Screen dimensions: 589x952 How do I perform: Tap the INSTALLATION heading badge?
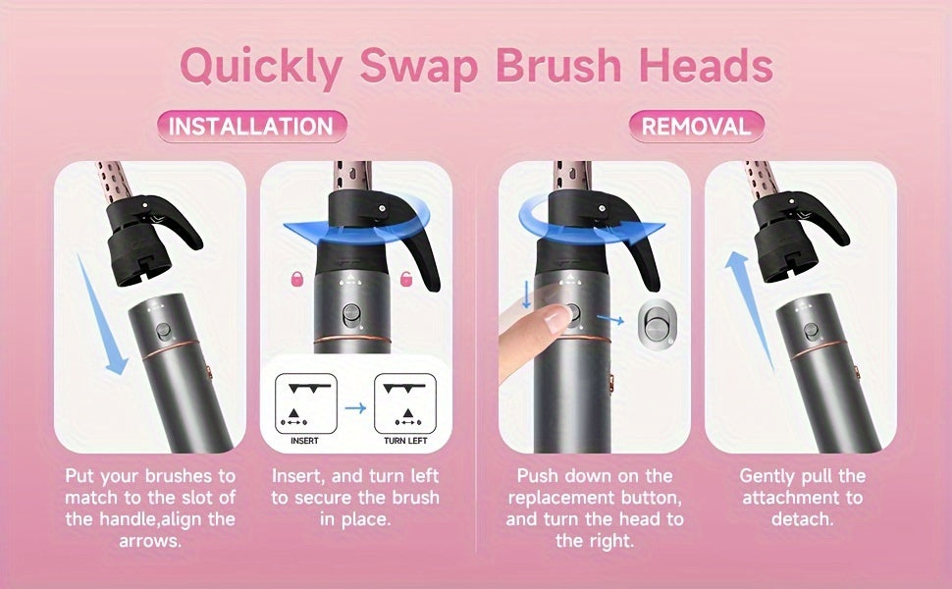(251, 127)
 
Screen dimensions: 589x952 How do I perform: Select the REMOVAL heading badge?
(696, 126)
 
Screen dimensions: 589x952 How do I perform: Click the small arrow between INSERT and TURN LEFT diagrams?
(354, 405)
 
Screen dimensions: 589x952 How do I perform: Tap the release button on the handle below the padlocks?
(350, 316)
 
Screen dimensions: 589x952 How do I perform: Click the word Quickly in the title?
(261, 67)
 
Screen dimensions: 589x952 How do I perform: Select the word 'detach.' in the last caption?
(800, 518)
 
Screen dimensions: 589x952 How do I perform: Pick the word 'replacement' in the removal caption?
(594, 498)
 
